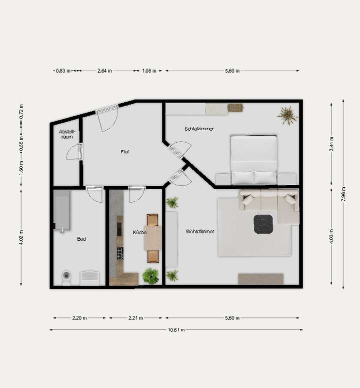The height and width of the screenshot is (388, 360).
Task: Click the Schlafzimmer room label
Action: [x=199, y=129]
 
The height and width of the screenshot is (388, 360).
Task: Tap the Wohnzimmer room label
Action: [x=199, y=232]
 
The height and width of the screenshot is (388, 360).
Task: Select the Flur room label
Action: [x=125, y=152]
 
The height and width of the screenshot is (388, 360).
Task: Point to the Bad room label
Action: [x=81, y=239]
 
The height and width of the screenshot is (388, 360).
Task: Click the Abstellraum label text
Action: [x=66, y=134]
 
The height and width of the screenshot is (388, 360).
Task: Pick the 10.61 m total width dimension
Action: [x=176, y=330]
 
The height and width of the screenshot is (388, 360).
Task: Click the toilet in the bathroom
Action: [x=66, y=277]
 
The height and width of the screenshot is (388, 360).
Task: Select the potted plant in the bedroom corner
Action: [x=287, y=115]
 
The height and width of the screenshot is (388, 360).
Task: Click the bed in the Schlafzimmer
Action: [x=253, y=159]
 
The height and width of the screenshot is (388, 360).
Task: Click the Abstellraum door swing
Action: [x=74, y=152]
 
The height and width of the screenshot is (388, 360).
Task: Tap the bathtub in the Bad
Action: [x=62, y=210]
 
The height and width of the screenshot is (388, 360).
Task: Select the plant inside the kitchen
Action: [x=150, y=275]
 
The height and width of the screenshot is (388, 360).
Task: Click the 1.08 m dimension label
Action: [x=149, y=71]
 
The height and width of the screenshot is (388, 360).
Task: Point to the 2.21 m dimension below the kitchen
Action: [x=135, y=318]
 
